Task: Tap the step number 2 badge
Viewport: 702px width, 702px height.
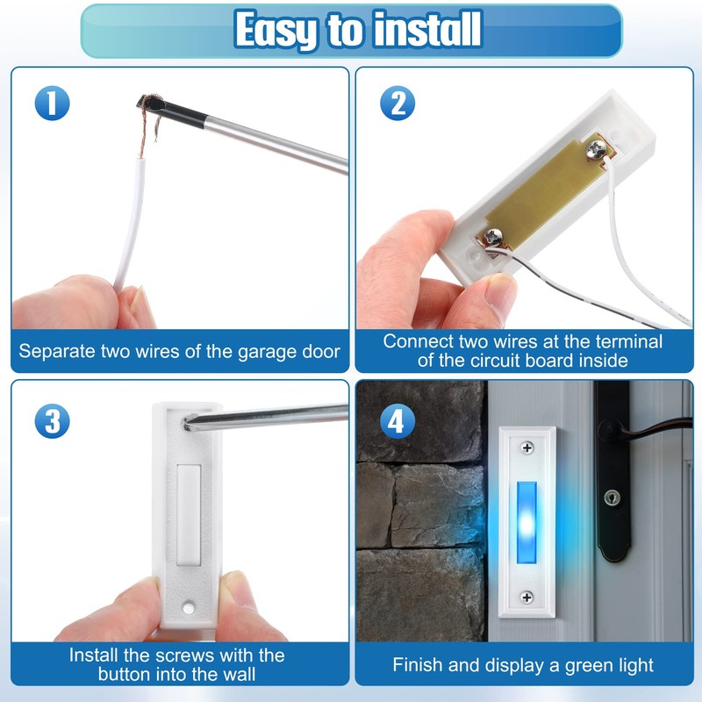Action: pyautogui.click(x=397, y=104)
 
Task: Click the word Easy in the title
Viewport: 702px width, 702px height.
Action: pyautogui.click(x=275, y=31)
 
